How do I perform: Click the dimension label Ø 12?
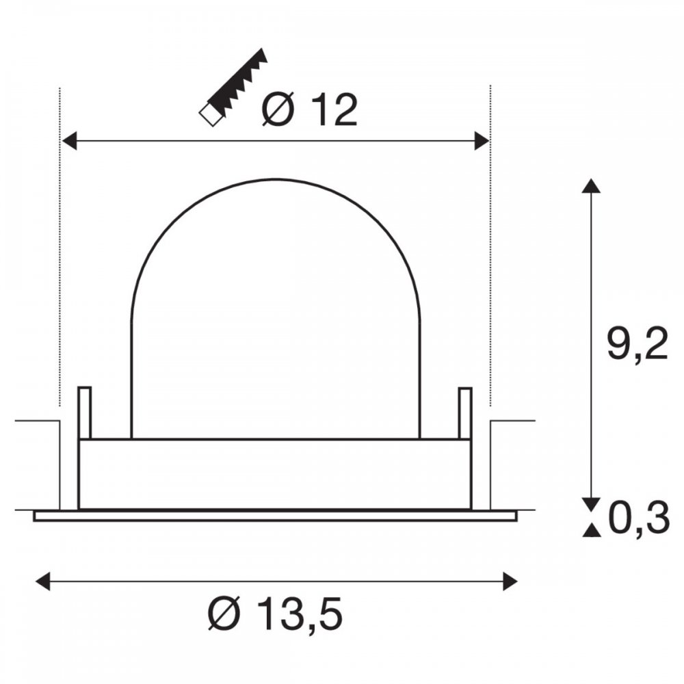[x=310, y=110]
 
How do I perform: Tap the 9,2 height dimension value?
[x=637, y=344]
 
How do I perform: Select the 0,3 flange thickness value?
[x=639, y=518]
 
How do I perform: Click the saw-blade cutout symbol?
[x=233, y=88]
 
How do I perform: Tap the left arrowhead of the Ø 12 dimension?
[x=69, y=141]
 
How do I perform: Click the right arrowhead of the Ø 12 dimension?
[x=482, y=141]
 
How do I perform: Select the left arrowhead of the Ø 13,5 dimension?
[x=42, y=581]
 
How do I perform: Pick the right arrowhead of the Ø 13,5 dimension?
[x=510, y=581]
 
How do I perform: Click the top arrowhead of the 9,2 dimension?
[x=591, y=185]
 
